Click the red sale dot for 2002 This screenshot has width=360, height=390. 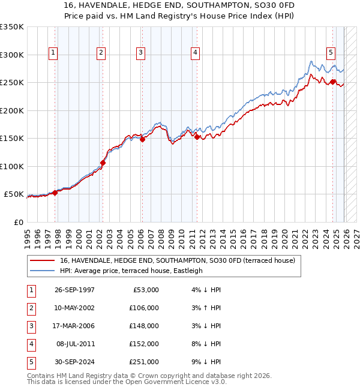(103, 163)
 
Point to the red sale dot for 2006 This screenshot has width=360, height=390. (142, 139)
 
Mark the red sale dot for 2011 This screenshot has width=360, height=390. (197, 137)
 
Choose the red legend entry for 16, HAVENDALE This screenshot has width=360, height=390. (177, 261)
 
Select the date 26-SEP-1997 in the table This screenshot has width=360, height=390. (74, 290)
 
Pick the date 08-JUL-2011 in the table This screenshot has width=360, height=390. (74, 344)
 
